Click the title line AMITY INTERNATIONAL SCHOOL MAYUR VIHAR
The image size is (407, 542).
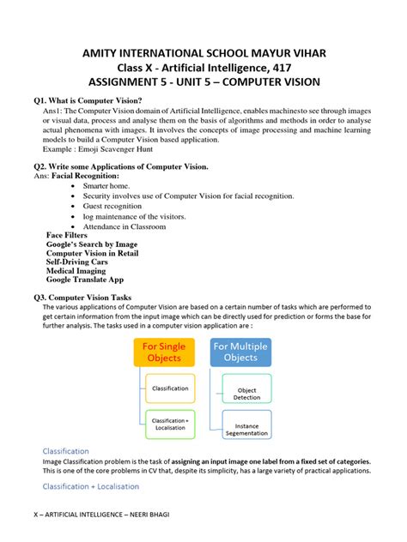tap(203, 53)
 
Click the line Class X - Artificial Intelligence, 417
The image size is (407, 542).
tap(203, 68)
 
